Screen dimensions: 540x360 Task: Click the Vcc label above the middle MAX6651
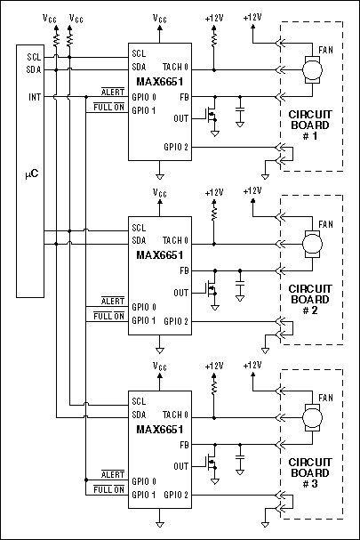tap(160, 191)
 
